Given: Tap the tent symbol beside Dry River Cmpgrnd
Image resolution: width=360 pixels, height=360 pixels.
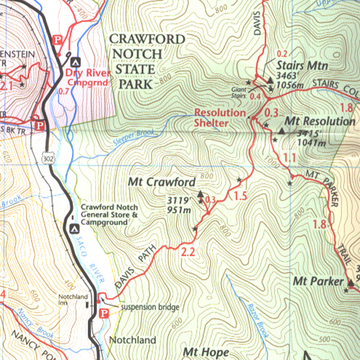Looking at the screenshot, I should pos(74,61).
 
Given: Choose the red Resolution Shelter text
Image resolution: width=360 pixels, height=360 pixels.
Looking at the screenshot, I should pos(220,118).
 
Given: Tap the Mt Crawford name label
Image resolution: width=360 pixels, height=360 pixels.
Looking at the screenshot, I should pos(162,182).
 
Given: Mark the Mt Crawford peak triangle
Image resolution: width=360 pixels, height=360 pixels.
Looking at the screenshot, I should pos(200,193).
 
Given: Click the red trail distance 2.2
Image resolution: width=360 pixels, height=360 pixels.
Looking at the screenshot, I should pos(188,252).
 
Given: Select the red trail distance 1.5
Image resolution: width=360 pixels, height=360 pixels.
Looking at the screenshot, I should pos(241,196).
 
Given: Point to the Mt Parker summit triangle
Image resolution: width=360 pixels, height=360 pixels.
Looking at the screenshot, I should pos(350,282).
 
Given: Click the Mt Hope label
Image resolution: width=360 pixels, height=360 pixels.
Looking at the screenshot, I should pos(203,352).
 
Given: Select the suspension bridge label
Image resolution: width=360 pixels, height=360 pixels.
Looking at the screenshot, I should pos(150,307).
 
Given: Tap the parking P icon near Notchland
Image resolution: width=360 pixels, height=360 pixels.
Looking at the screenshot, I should pos(103,313).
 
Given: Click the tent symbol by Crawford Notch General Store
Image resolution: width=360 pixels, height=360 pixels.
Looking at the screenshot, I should pos(74,228).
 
